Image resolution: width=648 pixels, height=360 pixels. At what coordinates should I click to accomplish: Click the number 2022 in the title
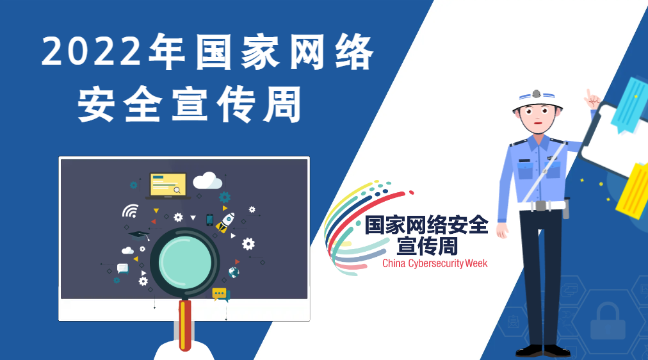pos(92,51)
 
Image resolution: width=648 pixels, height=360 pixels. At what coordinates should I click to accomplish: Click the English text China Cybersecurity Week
pos(435,263)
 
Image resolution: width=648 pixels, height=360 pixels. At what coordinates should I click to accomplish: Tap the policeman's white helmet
pos(537,100)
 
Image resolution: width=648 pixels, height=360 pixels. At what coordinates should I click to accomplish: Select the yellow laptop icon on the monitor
pos(168,186)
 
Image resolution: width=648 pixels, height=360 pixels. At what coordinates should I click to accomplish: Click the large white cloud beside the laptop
pos(207,181)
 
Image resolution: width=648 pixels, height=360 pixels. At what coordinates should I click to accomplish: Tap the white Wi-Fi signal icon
pos(130,211)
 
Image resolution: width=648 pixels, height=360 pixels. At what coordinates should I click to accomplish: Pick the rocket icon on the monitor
pos(225,222)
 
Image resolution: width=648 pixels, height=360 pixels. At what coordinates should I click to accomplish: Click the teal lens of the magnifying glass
pos(184,261)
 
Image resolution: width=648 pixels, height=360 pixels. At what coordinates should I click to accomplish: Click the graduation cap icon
pos(139,236)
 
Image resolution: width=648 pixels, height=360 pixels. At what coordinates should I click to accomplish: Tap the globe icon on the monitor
pos(234,272)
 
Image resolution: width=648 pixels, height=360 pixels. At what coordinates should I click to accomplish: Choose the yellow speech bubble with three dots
pos(221,295)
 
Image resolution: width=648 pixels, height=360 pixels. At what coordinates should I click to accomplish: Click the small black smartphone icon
pos(209,220)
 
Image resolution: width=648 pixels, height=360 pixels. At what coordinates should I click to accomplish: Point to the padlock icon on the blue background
pos(608,321)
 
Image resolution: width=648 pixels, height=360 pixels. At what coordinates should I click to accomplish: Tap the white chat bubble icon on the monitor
pos(123,268)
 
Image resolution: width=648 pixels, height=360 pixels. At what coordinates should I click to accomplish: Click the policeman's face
pos(537,119)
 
